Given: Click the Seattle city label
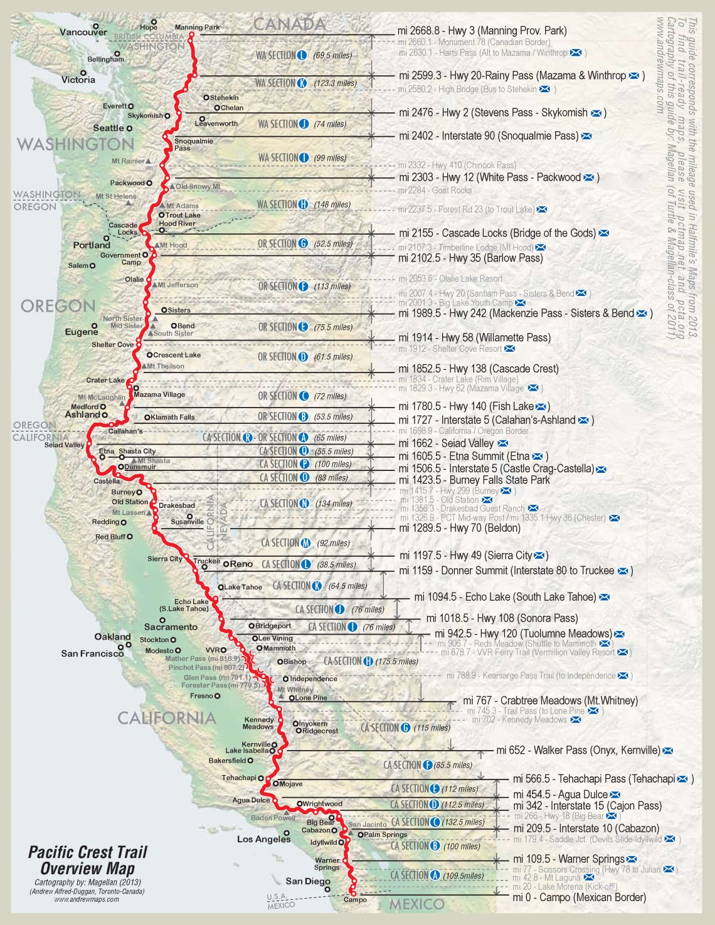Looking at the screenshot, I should click(x=109, y=128).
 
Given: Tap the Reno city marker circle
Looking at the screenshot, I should click(x=226, y=564).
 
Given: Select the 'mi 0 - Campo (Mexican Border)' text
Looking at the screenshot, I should click(x=579, y=897).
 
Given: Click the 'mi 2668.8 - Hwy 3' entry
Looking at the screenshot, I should click(x=482, y=31).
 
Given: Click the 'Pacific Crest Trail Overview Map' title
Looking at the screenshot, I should click(x=87, y=860).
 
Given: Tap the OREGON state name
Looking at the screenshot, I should click(x=58, y=306).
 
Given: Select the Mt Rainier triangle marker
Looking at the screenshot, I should click(x=148, y=161).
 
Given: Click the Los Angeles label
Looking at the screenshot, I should click(x=263, y=839).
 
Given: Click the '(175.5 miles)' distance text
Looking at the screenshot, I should click(x=397, y=662).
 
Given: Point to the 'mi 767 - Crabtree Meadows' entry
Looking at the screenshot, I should click(x=550, y=700).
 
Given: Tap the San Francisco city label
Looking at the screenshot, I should click(x=92, y=653).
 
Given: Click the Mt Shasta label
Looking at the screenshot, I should click(x=154, y=460).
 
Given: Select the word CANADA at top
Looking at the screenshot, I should click(x=290, y=24).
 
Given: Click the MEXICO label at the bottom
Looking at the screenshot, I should click(x=416, y=904).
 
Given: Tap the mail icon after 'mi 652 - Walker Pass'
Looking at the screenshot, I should click(x=668, y=751).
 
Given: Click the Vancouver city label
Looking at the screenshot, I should click(x=83, y=32).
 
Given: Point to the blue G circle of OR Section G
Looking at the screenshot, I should click(x=303, y=243).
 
